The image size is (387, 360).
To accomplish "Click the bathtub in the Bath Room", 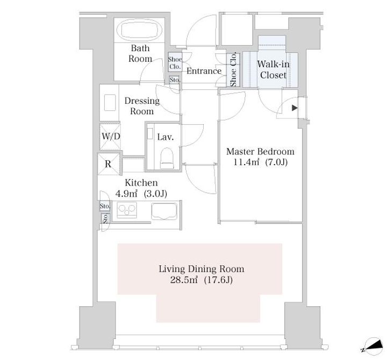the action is pos(139,30).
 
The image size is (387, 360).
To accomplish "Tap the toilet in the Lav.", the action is pos(167,158).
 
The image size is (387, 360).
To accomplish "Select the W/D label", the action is pos(111,136).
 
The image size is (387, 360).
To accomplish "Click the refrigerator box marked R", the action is pos(109,164).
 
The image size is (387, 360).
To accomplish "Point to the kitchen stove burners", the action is pos(127,210).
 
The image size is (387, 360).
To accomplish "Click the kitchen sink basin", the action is pos(164,211).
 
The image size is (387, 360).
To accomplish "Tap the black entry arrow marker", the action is pos(295,108).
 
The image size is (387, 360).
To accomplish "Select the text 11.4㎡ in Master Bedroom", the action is pos(246,163).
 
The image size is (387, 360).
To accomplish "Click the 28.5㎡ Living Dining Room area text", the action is pos(184,280).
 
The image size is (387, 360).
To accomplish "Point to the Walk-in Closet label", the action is pos(273,69).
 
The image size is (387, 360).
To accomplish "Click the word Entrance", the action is pos(204,71).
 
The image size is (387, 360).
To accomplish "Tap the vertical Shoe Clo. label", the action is pos(233,69).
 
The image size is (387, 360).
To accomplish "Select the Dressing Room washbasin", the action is pos(110,103).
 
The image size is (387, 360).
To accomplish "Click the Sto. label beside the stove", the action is pos(105,206).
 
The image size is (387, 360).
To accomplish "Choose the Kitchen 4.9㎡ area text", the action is pos(126,194).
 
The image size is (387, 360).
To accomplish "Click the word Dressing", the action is pos(142,101).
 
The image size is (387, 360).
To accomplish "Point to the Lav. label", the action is pos(166,137).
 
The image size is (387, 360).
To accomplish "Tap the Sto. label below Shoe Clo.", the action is pos(175,80).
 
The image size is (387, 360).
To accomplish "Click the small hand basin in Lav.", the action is pos(150,133).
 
